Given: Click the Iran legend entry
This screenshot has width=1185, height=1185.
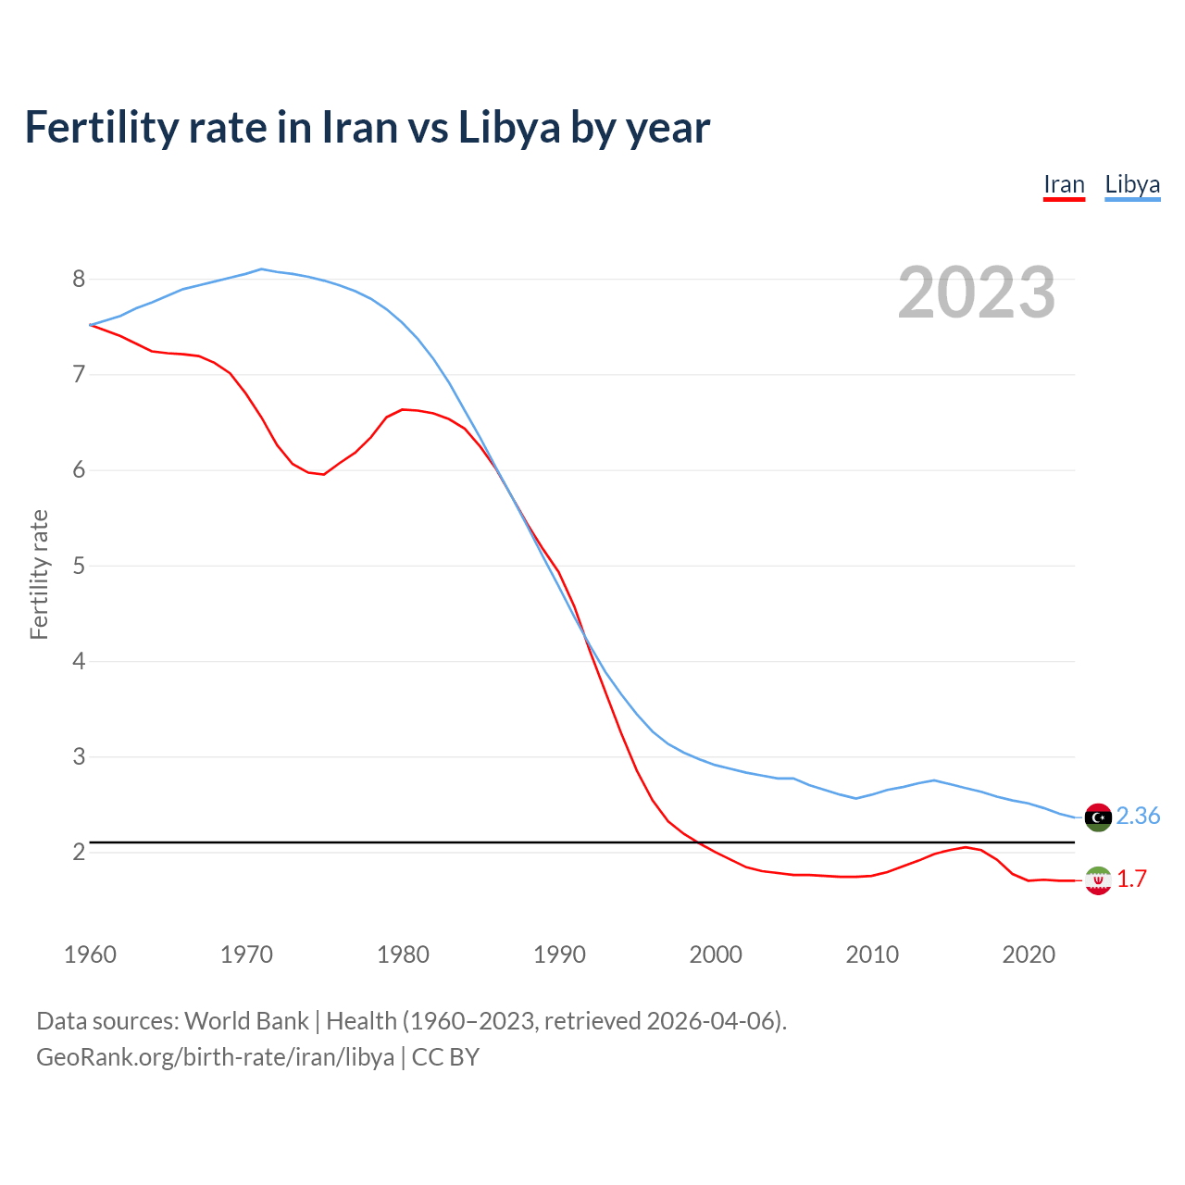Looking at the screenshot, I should click(1064, 185).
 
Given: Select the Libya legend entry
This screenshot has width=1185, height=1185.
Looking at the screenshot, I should click(1132, 185).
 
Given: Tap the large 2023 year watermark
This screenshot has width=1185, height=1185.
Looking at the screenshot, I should click(977, 293).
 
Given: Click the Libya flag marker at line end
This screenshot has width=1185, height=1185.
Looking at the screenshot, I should click(1098, 817).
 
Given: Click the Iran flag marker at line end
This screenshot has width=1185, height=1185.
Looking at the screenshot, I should click(1098, 880).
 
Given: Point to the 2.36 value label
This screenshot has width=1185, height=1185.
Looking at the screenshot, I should click(1138, 816).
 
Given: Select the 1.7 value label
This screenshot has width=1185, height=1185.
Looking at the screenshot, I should click(1131, 879).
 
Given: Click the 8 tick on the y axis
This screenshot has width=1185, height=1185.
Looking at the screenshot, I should click(79, 279).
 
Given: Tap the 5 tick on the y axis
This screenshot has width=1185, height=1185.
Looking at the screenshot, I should click(79, 566).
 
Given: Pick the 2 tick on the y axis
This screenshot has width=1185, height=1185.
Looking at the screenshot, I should click(79, 852).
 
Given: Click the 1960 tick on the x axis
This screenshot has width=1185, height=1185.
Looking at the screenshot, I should click(90, 954).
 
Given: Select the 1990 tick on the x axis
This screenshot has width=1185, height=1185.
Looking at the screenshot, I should click(559, 954).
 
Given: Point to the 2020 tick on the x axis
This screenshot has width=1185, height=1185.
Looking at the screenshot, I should click(1029, 954).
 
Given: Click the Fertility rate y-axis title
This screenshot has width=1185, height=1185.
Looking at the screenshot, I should click(39, 574).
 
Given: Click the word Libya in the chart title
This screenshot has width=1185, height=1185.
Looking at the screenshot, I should click(509, 127).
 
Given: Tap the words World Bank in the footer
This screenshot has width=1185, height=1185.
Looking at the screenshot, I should click(246, 1021).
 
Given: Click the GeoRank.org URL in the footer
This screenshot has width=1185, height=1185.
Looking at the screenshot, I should click(215, 1057).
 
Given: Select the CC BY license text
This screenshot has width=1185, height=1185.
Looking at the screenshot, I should click(445, 1057).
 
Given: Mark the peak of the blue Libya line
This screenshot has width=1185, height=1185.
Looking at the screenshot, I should click(261, 269).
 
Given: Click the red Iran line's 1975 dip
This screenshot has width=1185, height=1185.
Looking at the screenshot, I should click(324, 474).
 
